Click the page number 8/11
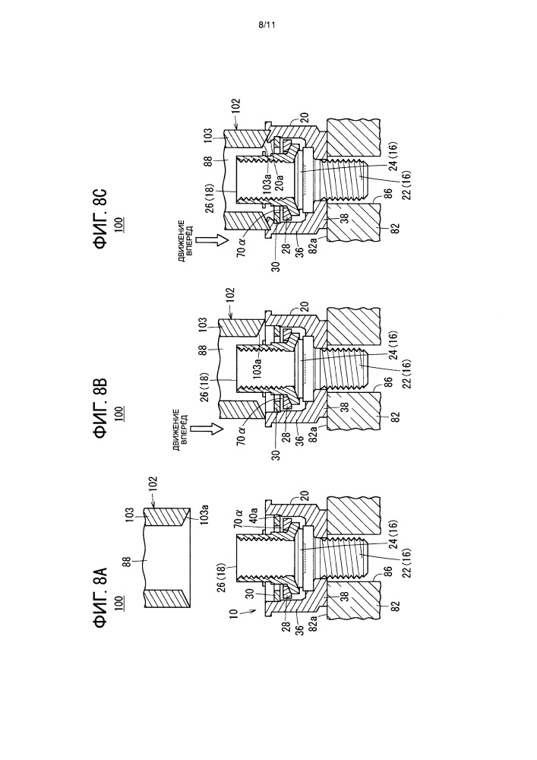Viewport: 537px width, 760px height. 267,25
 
